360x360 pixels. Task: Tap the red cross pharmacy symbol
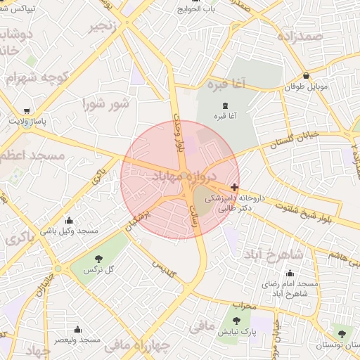click(x=234, y=187)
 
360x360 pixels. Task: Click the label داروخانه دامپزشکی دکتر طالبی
click(x=233, y=203)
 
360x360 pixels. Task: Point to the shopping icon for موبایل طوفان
click(x=307, y=75)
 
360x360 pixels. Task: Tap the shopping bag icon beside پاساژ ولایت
click(x=27, y=111)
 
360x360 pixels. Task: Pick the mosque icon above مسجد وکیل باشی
click(x=78, y=219)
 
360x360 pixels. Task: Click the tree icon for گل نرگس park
click(x=98, y=259)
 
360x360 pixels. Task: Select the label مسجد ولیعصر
click(x=78, y=340)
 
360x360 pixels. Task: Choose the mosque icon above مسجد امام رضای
click(x=290, y=273)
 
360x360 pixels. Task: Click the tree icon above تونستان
click(x=342, y=334)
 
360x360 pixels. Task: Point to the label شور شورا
click(x=105, y=104)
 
